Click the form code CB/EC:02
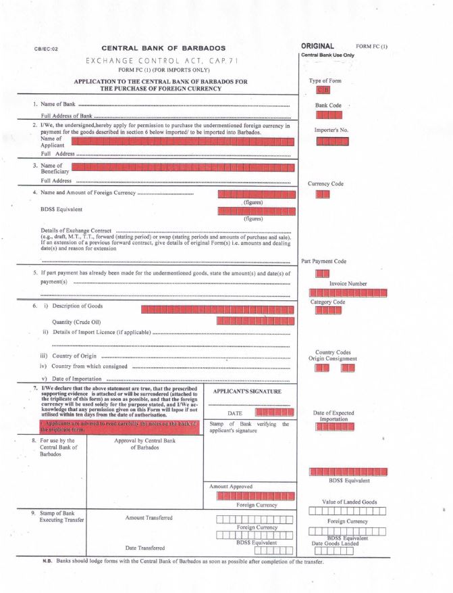pyautogui.click(x=45, y=49)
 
